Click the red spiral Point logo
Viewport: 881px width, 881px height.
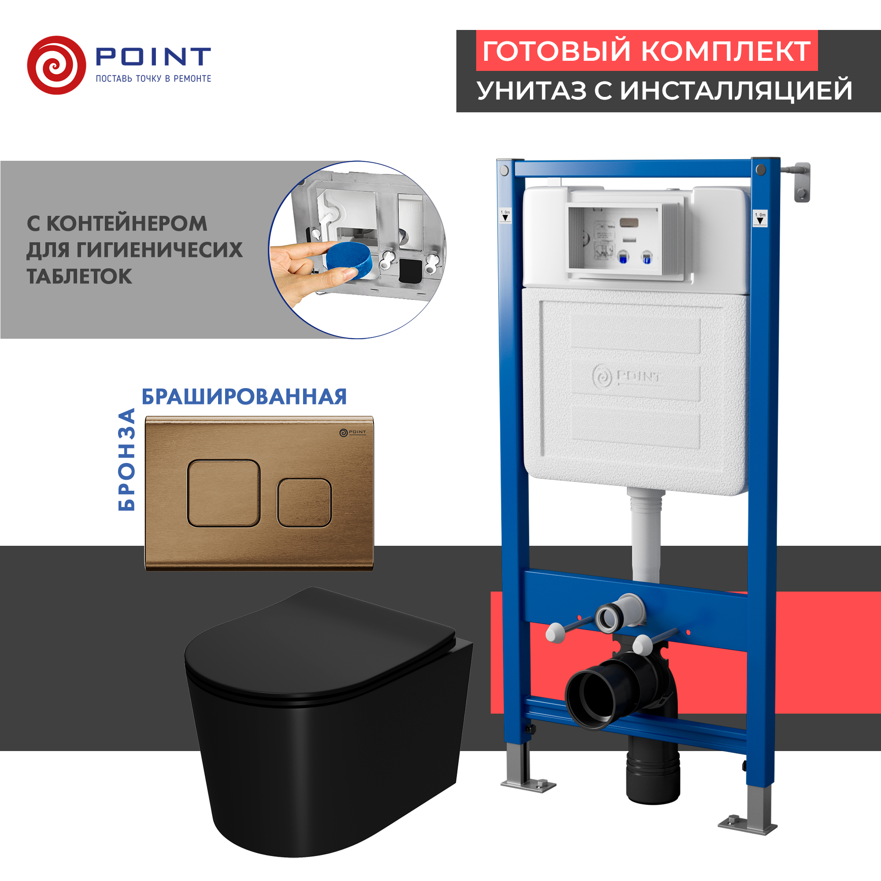pyautogui.click(x=56, y=65)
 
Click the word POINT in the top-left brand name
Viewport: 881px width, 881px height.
pyautogui.click(x=153, y=57)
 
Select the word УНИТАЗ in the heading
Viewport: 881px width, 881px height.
pyautogui.click(x=532, y=90)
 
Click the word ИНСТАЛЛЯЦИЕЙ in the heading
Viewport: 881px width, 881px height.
pyautogui.click(x=736, y=90)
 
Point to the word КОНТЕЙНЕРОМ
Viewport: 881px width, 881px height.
pyautogui.click(x=127, y=223)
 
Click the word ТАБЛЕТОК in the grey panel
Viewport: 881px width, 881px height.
pyautogui.click(x=79, y=276)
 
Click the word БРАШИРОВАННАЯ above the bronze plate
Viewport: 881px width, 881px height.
pyautogui.click(x=244, y=397)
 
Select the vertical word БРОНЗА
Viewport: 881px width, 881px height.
pyautogui.click(x=127, y=459)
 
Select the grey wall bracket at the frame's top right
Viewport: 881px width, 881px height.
pyautogui.click(x=802, y=181)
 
